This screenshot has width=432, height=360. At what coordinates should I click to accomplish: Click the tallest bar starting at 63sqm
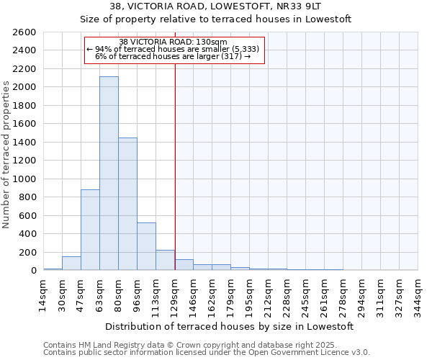click(x=109, y=173)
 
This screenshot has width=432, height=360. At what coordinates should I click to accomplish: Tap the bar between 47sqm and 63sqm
click(x=90, y=230)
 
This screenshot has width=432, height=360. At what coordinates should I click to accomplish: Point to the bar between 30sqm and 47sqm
click(x=71, y=264)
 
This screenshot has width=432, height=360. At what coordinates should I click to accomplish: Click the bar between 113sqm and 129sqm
click(x=165, y=260)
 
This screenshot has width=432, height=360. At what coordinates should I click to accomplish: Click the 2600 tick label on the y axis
click(x=24, y=32)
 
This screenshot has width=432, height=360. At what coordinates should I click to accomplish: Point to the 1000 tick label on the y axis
click(x=24, y=179)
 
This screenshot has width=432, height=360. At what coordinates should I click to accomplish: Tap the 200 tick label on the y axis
click(x=27, y=253)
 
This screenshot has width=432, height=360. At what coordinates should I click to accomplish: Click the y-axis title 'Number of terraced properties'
click(x=6, y=155)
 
